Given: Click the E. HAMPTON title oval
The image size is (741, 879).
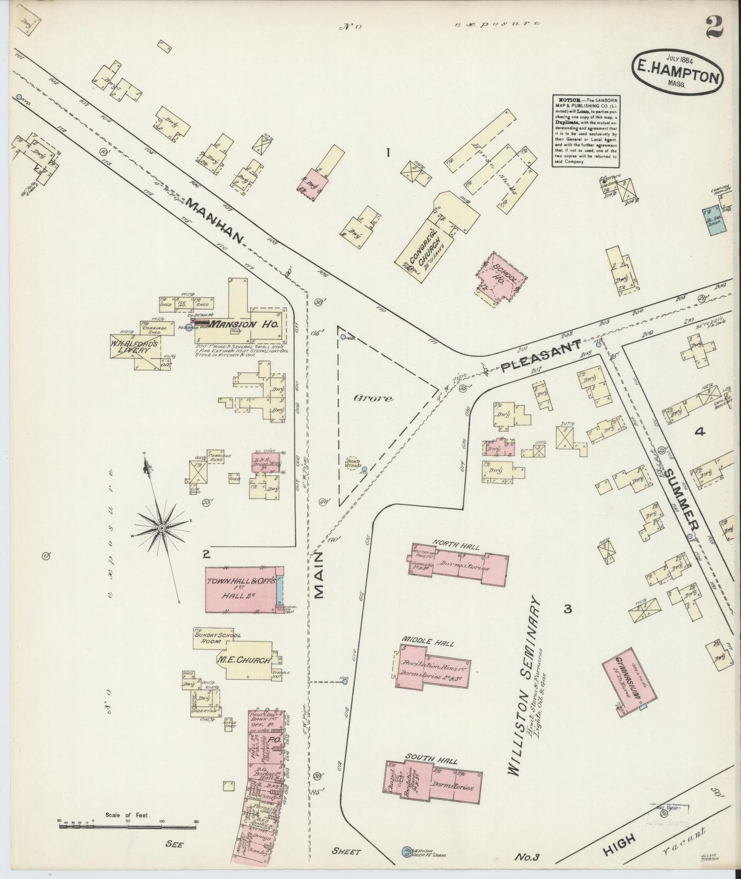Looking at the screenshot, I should [678, 73].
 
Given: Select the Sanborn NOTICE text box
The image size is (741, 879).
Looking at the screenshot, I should [585, 130].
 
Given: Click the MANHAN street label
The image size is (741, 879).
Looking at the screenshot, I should [214, 220].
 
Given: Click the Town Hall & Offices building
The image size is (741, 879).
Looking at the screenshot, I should [241, 589].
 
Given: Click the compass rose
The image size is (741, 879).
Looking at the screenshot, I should [161, 528].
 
